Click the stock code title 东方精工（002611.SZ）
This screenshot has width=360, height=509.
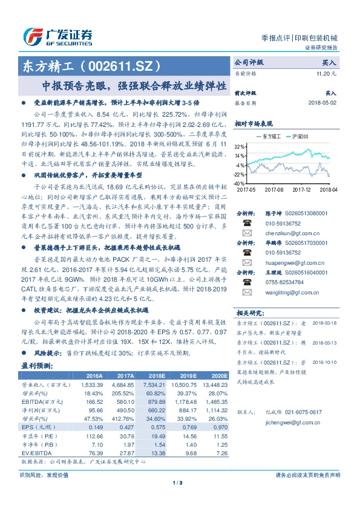(91, 65)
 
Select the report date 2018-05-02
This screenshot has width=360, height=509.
(323, 103)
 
